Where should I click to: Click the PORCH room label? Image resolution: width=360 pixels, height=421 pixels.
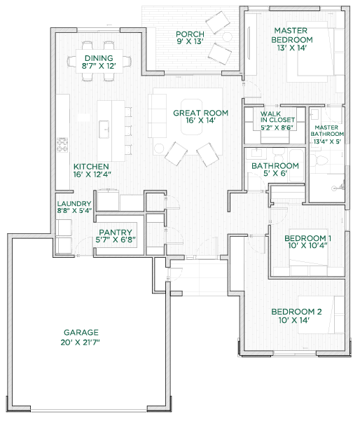[190, 34]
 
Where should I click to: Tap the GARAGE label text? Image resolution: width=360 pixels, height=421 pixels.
[81, 333]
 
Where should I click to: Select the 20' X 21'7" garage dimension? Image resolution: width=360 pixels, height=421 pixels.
[81, 343]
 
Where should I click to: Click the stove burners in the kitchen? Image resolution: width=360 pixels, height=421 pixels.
[62, 145]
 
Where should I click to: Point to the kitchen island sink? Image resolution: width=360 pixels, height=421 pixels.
[104, 130]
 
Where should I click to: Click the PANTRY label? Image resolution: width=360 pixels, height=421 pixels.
[116, 233]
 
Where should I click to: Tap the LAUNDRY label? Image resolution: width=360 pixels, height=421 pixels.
[74, 204]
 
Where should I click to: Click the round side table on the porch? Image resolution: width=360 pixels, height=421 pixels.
[227, 36]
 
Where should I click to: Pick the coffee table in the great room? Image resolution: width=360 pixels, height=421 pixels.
[192, 117]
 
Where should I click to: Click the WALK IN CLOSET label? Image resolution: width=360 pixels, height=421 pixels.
[277, 117]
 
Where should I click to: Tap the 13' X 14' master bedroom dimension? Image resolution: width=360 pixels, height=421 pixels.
[292, 48]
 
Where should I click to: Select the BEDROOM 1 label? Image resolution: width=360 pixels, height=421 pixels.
[307, 238]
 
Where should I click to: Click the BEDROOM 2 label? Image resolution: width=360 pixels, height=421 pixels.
[296, 312]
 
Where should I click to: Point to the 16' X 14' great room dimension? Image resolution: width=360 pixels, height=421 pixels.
[200, 120]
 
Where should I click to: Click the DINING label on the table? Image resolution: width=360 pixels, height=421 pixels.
[99, 58]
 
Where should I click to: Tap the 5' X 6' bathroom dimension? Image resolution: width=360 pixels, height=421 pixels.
[275, 174]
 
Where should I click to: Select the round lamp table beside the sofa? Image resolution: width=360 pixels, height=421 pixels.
[159, 149]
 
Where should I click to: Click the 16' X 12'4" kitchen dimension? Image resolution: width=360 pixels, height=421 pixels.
[92, 174]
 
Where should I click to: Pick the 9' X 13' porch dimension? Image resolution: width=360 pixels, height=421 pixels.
[190, 41]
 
